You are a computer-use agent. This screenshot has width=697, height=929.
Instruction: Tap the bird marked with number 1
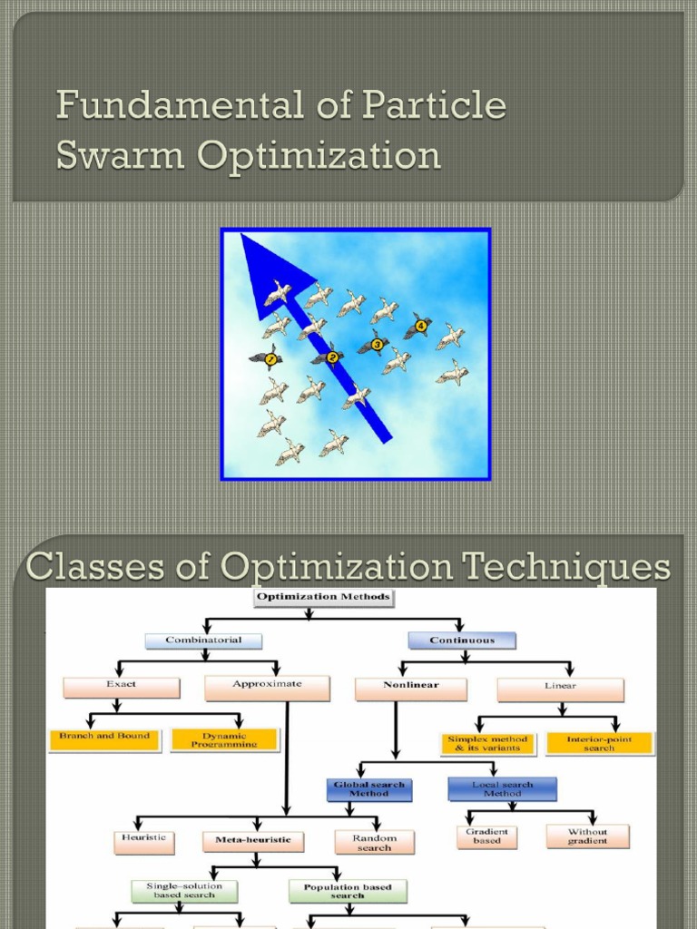266,357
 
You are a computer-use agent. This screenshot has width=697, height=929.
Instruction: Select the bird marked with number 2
329,357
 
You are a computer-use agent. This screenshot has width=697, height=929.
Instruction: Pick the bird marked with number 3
374,343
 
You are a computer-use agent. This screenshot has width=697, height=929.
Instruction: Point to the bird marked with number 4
418,326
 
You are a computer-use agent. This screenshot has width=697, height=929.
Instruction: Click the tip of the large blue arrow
242,236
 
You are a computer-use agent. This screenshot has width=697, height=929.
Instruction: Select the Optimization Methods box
310,597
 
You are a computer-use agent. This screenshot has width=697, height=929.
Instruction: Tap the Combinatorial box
203,641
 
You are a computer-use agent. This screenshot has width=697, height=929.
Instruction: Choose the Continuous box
462,641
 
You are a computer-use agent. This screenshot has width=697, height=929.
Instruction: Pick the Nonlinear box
410,688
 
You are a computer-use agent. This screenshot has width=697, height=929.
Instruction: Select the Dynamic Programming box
224,739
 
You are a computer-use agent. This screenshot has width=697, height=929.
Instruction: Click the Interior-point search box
600,743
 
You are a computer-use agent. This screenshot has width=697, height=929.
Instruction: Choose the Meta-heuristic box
253,840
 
